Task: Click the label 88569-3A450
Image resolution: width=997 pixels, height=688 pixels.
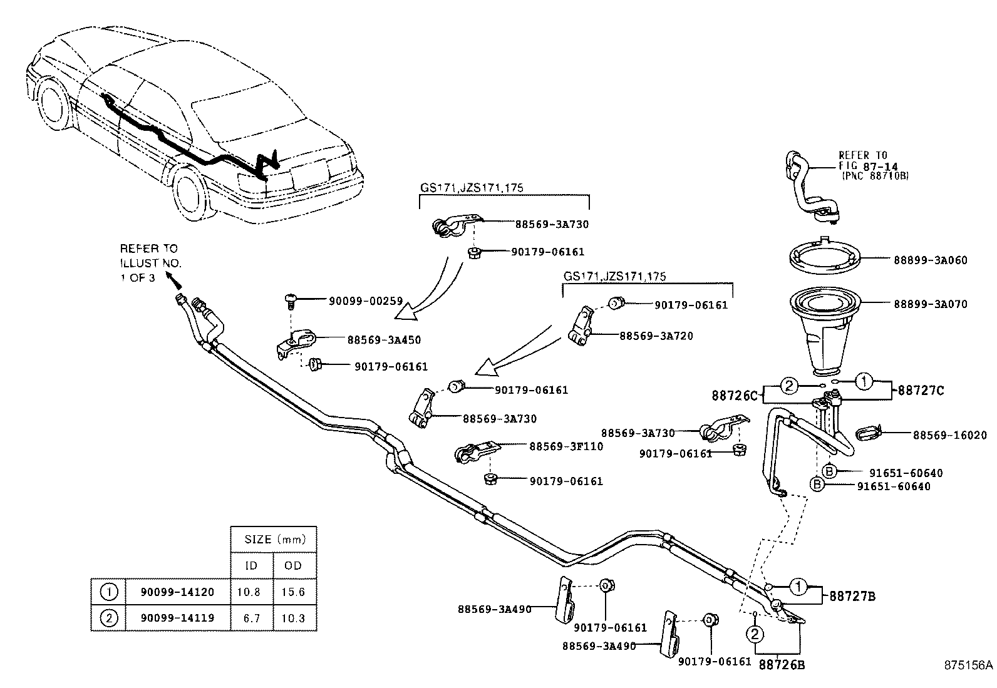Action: (x=384, y=340)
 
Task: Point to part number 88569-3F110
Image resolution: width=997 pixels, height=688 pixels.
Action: (x=566, y=446)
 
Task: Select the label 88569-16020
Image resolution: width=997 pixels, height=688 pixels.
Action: (x=949, y=434)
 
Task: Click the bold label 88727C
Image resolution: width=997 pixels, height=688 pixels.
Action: (x=921, y=391)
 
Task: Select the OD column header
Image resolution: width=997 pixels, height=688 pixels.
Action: (x=293, y=565)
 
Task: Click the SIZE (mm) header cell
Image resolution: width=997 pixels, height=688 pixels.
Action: (x=273, y=539)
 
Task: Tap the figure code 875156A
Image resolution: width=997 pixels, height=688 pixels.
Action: (x=969, y=665)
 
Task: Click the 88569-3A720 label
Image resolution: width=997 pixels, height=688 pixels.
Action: (x=656, y=336)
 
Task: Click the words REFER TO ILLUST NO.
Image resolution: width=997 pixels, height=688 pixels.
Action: (x=150, y=256)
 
